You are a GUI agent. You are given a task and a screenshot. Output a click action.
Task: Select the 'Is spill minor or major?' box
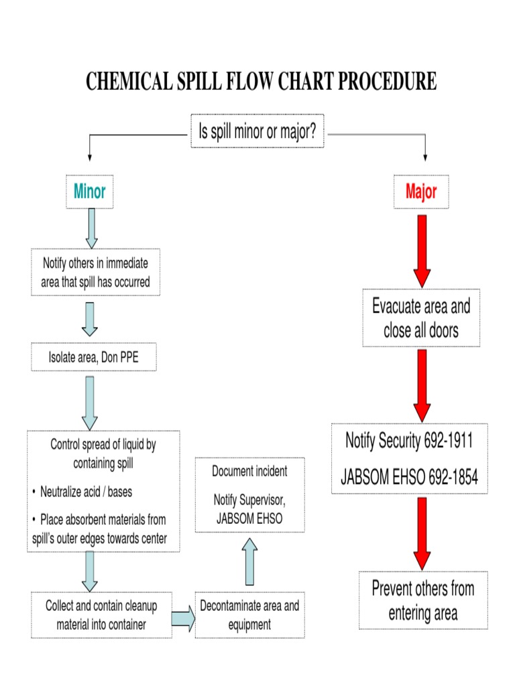[257, 131]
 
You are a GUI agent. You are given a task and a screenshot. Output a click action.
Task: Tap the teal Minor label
[89, 192]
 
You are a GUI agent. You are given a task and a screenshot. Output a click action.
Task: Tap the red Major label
[421, 192]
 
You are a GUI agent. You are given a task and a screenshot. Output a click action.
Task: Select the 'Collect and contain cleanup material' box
[101, 615]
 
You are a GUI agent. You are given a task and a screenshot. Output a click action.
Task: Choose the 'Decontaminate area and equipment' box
[249, 615]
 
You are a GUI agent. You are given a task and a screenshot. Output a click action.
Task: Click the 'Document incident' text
[249, 471]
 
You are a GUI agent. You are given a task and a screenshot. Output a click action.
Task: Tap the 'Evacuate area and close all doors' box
[421, 318]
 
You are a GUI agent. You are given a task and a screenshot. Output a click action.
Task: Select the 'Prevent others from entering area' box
[423, 600]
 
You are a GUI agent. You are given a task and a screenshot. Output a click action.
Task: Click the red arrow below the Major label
[421, 251]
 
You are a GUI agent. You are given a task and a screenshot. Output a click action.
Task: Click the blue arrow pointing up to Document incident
[249, 563]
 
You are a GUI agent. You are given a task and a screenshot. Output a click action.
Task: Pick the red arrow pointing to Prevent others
[421, 533]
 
